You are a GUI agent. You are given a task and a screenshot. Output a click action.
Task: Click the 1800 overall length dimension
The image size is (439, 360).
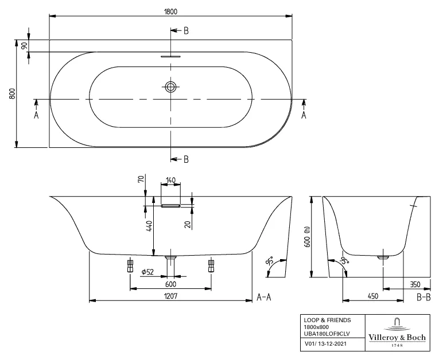tap(170, 10)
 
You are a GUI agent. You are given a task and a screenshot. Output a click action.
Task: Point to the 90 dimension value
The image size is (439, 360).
tap(24, 46)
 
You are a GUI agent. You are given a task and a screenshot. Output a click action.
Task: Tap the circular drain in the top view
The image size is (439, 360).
tap(170, 87)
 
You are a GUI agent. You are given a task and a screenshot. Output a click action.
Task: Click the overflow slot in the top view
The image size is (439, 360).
tap(170, 57)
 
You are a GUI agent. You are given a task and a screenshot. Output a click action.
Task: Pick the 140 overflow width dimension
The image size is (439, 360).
tap(170, 180)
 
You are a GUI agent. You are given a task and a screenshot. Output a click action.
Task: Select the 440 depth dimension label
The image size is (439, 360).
tap(149, 226)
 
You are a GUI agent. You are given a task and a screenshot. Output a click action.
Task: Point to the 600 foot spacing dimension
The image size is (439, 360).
tap(170, 284)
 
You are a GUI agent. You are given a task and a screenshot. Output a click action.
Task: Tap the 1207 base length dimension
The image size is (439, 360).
tap(170, 296)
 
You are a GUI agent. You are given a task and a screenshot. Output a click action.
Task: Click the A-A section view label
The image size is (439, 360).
tap(265, 297)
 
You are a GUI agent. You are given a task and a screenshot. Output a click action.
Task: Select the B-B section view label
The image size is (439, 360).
tap(424, 297)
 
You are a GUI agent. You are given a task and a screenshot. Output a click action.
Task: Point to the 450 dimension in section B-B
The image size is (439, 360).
tap(373, 296)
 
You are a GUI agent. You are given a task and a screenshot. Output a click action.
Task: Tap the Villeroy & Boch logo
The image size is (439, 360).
tap(399, 332)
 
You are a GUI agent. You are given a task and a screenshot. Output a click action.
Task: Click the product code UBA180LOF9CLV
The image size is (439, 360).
tap(326, 333)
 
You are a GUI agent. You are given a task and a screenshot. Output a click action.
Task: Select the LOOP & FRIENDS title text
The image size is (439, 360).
tap(327, 320)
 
